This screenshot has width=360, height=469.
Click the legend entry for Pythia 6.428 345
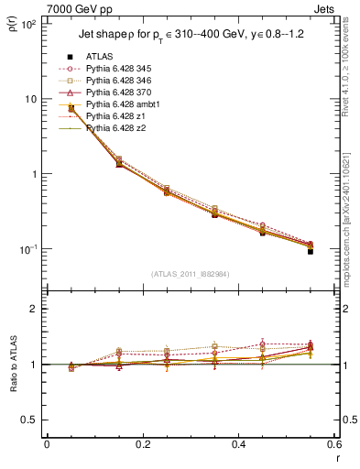124,69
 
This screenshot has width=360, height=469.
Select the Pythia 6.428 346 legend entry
124,81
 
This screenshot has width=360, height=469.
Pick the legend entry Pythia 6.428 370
124,93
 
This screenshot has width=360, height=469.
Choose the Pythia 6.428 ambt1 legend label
126,104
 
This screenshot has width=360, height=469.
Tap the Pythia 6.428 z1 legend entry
120,116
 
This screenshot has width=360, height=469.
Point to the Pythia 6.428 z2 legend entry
120,128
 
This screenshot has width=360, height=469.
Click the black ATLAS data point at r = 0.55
311,251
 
